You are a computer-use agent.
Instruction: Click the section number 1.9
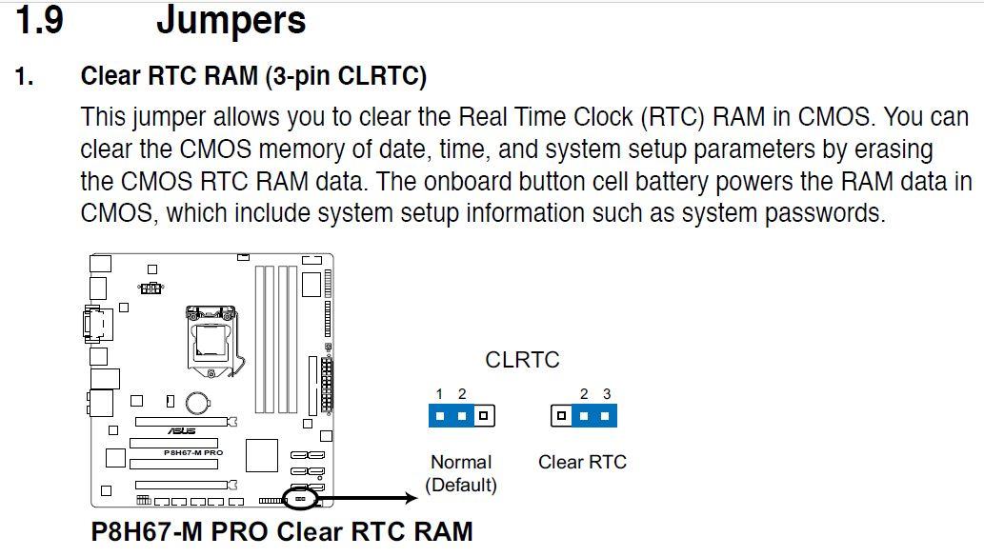coord(40,19)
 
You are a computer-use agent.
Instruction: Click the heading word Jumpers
coord(231,22)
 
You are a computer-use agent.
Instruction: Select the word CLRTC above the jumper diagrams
coord(522,360)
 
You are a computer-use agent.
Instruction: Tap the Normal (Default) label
coord(461,473)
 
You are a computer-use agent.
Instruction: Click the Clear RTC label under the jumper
coord(582,463)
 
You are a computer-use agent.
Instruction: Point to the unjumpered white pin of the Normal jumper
coord(483,416)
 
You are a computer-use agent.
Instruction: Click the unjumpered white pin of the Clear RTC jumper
coord(562,416)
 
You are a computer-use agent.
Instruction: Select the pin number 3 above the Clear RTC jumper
coord(607,394)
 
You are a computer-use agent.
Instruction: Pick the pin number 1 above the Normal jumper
coord(439,394)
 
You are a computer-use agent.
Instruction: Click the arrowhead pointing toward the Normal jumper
coord(411,498)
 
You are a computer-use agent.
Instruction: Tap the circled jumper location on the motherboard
coord(300,499)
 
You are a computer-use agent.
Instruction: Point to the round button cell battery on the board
coord(197,402)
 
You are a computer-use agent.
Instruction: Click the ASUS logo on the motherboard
coord(181,431)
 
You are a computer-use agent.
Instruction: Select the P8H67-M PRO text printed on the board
coord(193,452)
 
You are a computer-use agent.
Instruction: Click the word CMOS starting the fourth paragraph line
coord(117,213)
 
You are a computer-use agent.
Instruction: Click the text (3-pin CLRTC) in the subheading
coord(346,76)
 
